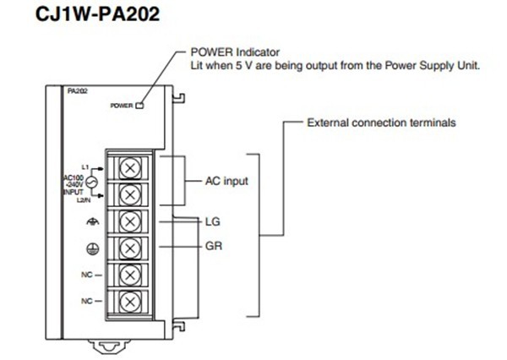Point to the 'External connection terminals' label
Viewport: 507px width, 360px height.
point(381,123)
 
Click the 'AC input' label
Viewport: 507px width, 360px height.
point(227,181)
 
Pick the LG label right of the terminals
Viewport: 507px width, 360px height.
point(213,221)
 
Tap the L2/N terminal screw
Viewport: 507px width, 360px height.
point(128,194)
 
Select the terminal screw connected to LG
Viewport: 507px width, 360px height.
point(128,221)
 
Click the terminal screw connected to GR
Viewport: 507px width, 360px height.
point(128,248)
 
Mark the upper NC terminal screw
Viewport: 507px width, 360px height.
point(128,275)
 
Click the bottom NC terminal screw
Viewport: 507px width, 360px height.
point(128,301)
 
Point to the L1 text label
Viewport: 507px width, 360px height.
point(85,166)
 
